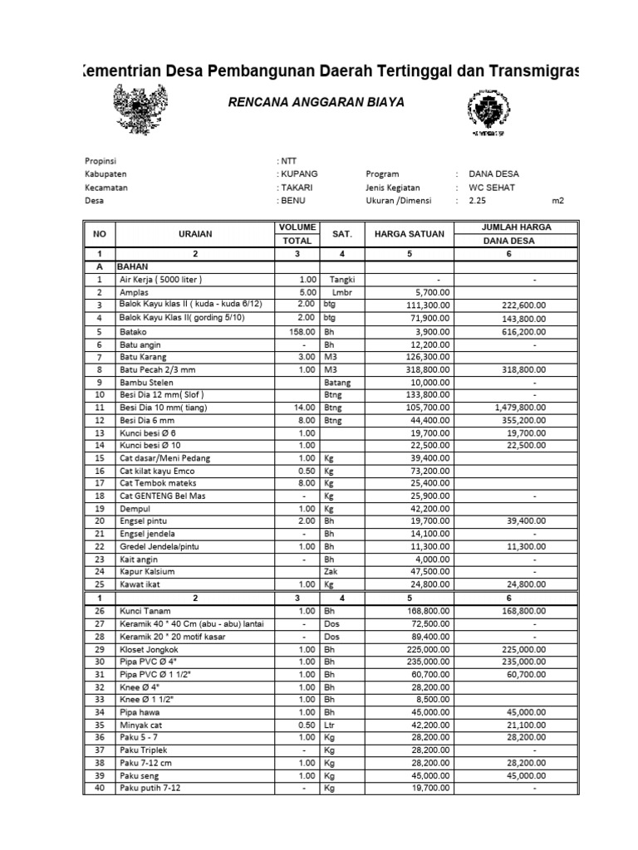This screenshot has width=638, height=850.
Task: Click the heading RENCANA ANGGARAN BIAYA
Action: coord(317,102)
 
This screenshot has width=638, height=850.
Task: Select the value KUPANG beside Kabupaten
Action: coord(299,174)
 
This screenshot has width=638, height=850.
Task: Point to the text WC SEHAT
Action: coord(492,188)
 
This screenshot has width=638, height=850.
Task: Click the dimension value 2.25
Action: coord(477,201)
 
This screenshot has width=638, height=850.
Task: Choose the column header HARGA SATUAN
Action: coord(410,234)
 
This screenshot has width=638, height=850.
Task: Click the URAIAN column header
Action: coord(195,234)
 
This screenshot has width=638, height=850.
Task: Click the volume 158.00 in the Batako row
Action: coord(302,331)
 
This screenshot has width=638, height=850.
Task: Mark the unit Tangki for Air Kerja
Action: coord(342,280)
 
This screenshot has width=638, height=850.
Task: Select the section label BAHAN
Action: coord(132,267)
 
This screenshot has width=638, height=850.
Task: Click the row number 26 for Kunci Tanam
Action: coord(99,611)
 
